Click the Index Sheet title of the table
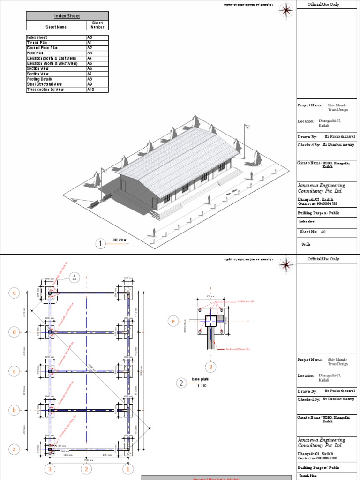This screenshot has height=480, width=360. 67,16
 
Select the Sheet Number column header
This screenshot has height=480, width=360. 97,25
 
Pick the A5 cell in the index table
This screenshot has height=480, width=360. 97,63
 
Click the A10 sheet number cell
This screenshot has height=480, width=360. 97,90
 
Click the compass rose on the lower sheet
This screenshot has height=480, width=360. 285,265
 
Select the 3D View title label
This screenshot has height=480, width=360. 120,240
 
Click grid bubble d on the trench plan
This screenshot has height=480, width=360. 15,332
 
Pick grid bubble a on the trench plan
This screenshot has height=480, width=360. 15,449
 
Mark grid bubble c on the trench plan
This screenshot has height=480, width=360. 15,371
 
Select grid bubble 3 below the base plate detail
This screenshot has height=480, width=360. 210,367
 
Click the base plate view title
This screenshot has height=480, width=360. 199,380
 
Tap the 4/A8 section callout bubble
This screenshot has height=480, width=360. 74,276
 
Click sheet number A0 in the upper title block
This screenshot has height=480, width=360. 322,232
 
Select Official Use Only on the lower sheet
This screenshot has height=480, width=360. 323,259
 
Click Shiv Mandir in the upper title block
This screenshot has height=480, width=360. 338,105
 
